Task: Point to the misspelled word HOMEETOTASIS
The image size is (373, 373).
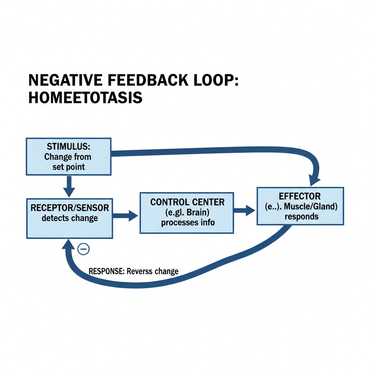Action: tap(85, 98)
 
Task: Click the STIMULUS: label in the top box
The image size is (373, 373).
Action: tap(68, 147)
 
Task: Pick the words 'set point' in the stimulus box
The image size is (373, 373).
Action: tap(68, 167)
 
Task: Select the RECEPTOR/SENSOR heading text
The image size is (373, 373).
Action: tap(70, 208)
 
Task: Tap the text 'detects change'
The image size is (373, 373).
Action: tap(70, 218)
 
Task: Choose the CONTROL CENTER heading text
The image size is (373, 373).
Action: tap(187, 202)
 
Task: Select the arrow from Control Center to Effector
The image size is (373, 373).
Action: tap(244, 210)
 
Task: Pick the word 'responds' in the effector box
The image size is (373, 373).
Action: tap(301, 217)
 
